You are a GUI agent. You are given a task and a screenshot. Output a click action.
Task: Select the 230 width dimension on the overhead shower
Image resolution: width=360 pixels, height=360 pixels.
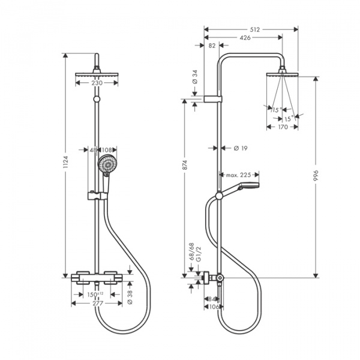click(97, 83)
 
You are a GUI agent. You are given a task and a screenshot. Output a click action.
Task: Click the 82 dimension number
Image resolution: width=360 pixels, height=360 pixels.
click(212, 46)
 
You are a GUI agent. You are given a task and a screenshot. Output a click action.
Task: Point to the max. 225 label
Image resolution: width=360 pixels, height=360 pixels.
click(238, 175)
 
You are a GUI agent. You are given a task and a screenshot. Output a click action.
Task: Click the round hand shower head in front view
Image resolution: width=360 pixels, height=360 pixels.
click(109, 163)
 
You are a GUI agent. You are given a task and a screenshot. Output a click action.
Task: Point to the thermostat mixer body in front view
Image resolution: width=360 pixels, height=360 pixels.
click(97, 278)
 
